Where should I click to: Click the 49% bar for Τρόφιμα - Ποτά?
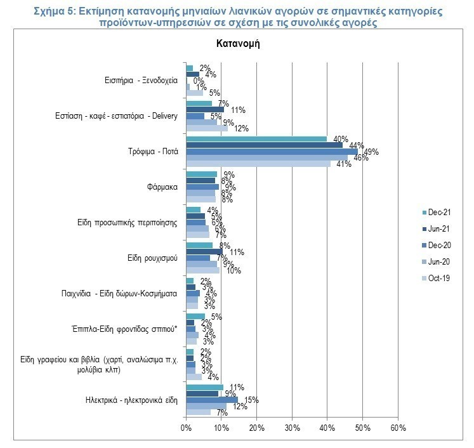pos(272,152)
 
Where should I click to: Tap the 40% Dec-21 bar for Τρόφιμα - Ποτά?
pos(256,139)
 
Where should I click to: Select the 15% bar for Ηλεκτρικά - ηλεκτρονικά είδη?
pos(212,400)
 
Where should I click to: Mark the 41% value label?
pos(343,164)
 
